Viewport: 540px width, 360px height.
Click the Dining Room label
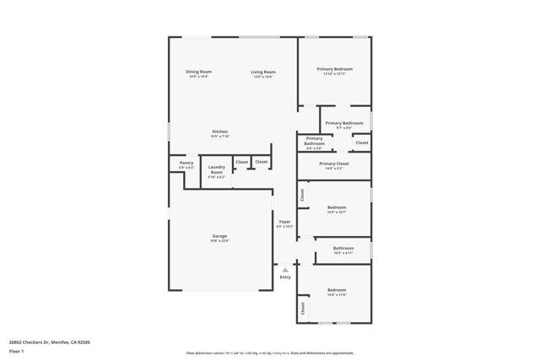199,72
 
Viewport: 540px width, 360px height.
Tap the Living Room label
263,72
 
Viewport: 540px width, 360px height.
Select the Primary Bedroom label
334,68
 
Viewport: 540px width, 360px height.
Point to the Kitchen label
219,131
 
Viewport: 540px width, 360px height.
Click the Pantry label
186,163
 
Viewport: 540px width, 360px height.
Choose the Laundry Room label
217,169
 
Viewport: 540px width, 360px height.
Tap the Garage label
219,235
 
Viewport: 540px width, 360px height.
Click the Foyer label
285,222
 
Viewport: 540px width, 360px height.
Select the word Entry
285,277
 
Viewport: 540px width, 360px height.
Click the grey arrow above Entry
285,270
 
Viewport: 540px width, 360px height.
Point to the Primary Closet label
334,164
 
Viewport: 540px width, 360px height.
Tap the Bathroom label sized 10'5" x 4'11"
343,248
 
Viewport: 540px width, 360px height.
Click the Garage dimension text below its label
219,240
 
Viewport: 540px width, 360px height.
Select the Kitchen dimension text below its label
219,136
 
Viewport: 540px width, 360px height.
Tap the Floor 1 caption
15,352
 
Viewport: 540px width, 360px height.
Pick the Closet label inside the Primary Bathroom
361,143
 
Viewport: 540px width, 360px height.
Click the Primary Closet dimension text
334,169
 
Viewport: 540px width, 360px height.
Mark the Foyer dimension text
285,227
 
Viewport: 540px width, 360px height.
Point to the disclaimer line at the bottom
270,353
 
